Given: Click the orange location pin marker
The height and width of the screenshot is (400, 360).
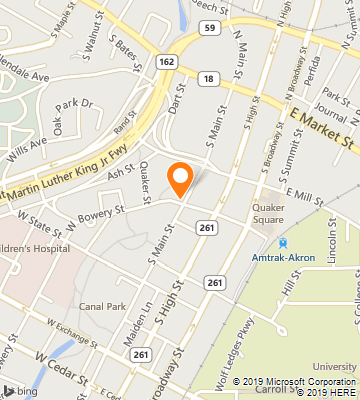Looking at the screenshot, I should coord(180,178).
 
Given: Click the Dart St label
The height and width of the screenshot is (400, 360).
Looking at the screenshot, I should coord(177,98).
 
